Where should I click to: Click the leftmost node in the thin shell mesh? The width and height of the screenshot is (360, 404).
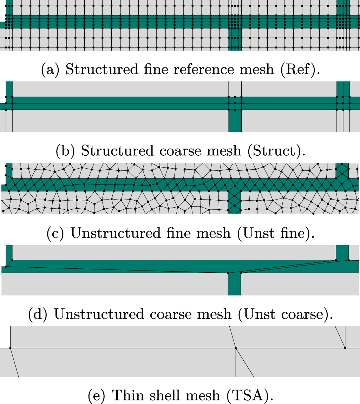point(11,348)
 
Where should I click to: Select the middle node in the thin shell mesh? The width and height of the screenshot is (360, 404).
point(236,348)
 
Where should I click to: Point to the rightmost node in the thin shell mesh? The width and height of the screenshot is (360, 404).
point(345,348)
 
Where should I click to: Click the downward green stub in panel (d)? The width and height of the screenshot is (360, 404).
point(234,285)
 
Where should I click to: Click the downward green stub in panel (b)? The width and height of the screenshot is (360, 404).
point(235,121)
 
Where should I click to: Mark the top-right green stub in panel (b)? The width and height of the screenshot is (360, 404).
point(343,89)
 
